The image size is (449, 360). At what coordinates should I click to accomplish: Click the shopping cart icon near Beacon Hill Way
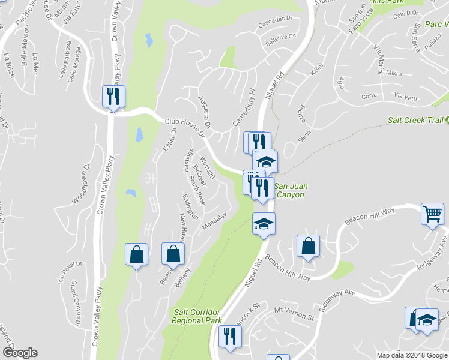[x=433, y=214]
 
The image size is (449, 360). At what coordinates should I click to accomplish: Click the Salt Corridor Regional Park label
[x=196, y=316]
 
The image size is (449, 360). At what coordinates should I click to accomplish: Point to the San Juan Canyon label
[x=291, y=190]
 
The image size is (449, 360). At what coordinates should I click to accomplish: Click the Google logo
[x=20, y=353]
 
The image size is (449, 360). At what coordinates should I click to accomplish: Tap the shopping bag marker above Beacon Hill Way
[x=308, y=246]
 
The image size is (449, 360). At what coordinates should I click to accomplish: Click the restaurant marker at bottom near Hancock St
[x=229, y=337]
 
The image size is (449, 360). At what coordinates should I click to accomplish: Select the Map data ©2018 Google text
[x=412, y=355]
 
